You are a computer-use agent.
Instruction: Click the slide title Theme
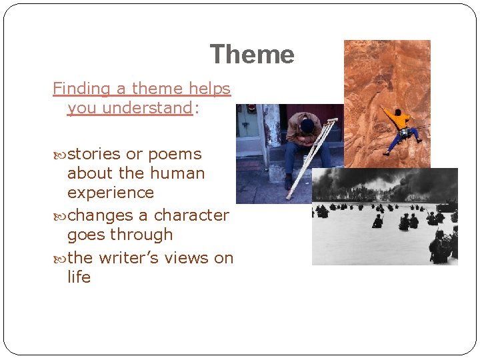click(x=251, y=54)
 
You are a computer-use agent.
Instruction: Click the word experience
click(x=111, y=193)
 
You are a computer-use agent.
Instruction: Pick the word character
click(x=191, y=215)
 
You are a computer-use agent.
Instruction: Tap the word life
click(x=79, y=277)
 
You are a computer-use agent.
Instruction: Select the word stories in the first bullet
click(x=95, y=154)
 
